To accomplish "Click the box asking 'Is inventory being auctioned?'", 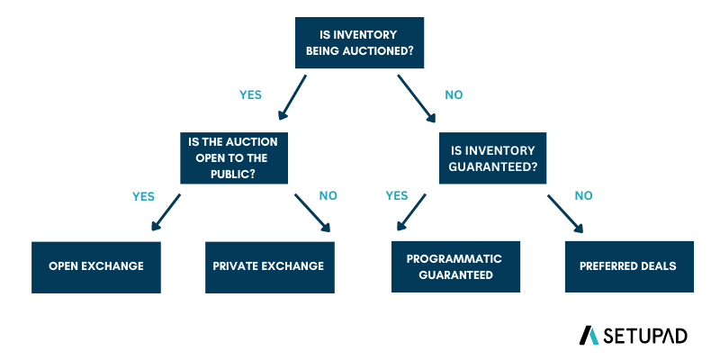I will pyautogui.click(x=360, y=43).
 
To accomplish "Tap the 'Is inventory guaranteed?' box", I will pyautogui.click(x=493, y=158).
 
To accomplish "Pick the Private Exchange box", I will pyautogui.click(x=268, y=266).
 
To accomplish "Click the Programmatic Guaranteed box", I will pyautogui.click(x=454, y=266).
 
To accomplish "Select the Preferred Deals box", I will pyautogui.click(x=629, y=266).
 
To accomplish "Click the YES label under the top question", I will pyautogui.click(x=250, y=94).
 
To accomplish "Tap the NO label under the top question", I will pyautogui.click(x=454, y=94).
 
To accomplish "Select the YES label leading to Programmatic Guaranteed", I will pyautogui.click(x=397, y=195).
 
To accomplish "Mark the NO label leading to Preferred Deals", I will pyautogui.click(x=583, y=195).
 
